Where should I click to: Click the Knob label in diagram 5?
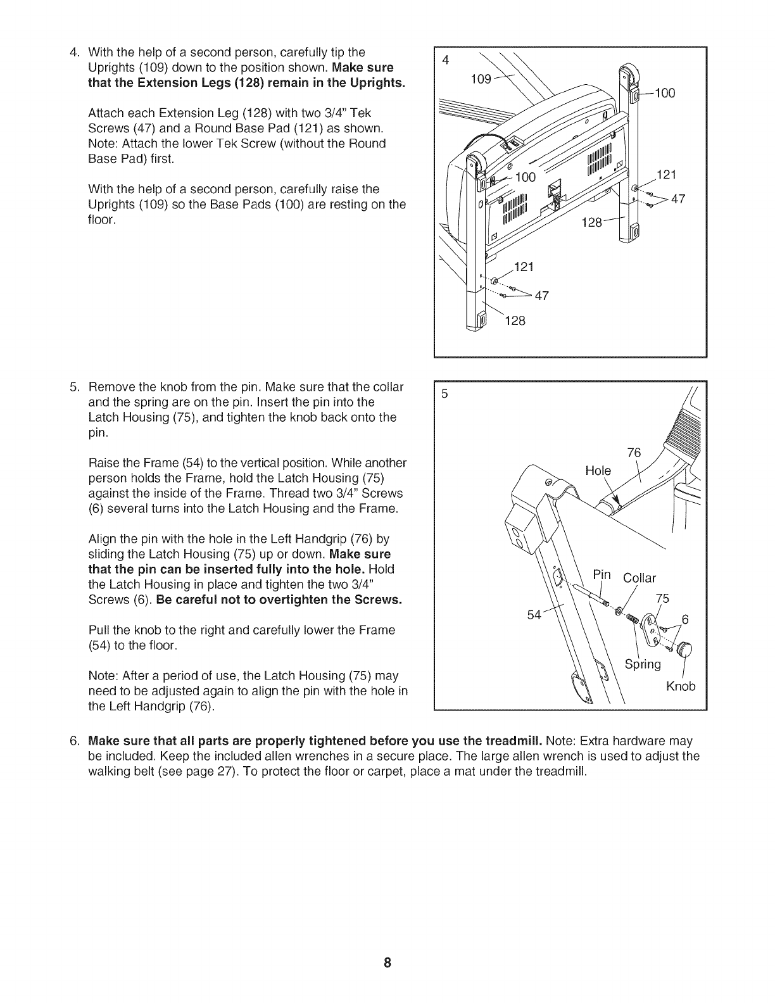(681, 686)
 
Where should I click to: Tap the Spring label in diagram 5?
(643, 664)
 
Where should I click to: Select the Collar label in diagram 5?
(640, 578)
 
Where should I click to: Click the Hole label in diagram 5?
(598, 471)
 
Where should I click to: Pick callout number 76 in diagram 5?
(634, 452)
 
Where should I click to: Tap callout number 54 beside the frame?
(535, 614)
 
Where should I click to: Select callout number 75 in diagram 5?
(662, 598)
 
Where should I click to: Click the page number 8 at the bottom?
(387, 964)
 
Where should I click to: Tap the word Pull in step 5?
(99, 630)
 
